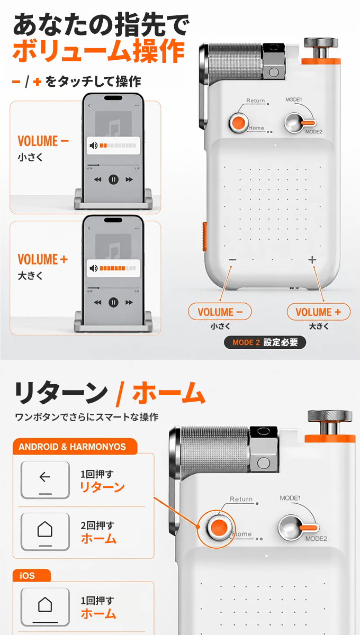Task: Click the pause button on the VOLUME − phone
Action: click(113, 179)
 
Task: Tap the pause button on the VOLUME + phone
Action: click(113, 303)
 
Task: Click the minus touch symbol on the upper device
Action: click(232, 260)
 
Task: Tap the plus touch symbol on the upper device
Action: click(312, 260)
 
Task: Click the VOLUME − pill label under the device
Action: click(220, 312)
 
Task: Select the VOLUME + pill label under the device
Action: click(319, 312)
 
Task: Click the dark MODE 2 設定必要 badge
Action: click(265, 342)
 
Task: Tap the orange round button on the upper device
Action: click(239, 123)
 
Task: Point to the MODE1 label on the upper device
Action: click(294, 99)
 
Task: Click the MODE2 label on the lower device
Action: click(316, 539)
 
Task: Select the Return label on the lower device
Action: click(241, 499)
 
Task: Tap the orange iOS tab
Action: click(31, 576)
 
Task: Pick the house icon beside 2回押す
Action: click(45, 529)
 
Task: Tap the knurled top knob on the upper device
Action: click(321, 42)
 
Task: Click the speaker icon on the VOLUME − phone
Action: click(93, 146)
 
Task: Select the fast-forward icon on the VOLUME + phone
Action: click(129, 303)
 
